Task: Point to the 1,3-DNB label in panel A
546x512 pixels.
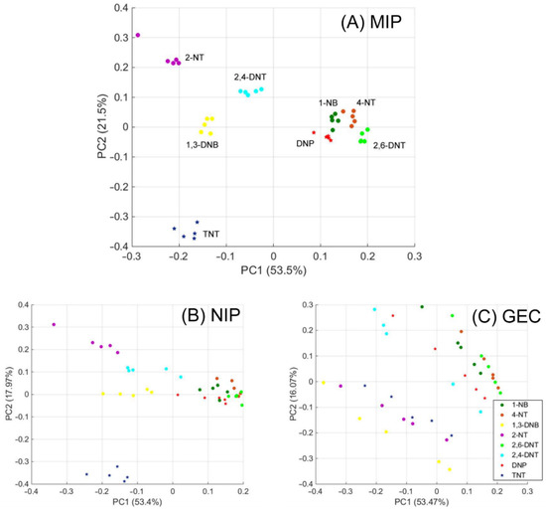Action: [202, 144]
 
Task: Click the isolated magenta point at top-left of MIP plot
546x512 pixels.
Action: [138, 35]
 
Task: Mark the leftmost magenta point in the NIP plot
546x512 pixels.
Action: [54, 324]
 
